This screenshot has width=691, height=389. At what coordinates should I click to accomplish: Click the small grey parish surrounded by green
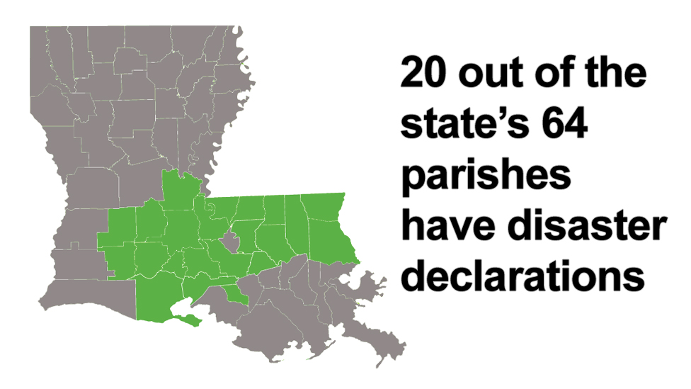tap(228, 243)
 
